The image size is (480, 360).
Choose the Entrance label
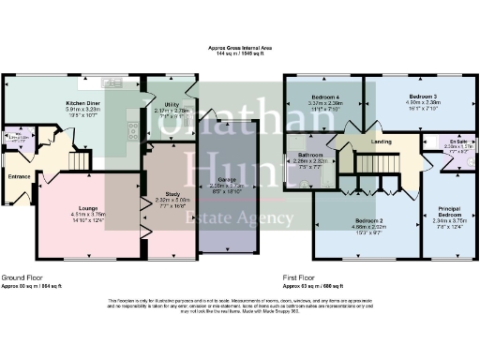(19, 175)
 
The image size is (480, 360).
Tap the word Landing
(382, 142)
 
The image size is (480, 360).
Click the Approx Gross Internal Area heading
(240, 49)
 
